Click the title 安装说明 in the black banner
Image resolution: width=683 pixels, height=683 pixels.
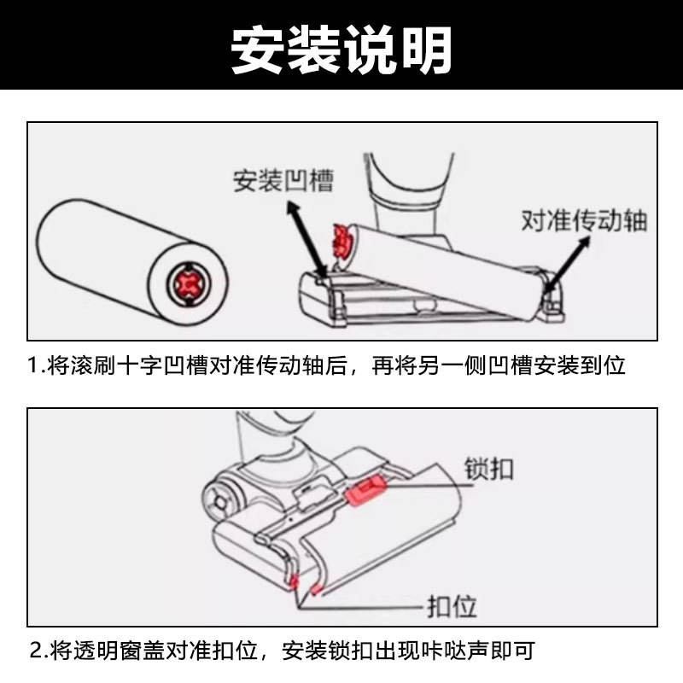click(x=341, y=50)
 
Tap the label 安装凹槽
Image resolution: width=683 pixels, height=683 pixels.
click(x=283, y=180)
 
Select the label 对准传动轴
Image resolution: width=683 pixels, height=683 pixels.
click(x=584, y=220)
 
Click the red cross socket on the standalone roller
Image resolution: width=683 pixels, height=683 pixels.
click(x=188, y=284)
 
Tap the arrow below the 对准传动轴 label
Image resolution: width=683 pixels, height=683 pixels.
click(x=567, y=264)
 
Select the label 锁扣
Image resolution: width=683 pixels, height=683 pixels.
click(x=488, y=469)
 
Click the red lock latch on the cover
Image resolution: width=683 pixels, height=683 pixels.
click(x=365, y=490)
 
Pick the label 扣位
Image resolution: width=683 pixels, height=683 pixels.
click(x=452, y=605)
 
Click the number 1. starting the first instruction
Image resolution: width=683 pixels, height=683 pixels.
click(x=36, y=365)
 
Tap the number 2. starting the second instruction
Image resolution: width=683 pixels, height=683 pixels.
click(x=39, y=651)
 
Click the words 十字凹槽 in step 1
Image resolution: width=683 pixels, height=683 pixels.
click(x=163, y=365)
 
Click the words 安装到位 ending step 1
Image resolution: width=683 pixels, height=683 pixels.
click(x=580, y=365)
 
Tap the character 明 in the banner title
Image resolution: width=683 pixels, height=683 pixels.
click(x=426, y=50)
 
